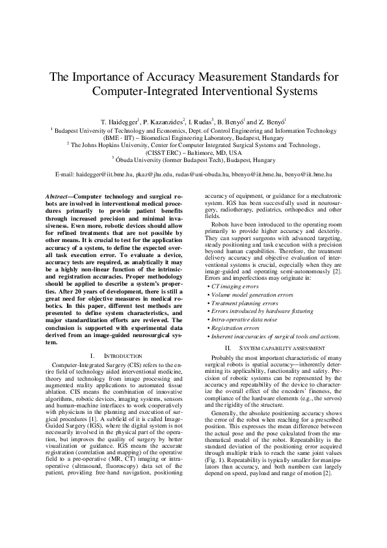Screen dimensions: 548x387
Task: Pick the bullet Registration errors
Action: click(235, 327)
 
